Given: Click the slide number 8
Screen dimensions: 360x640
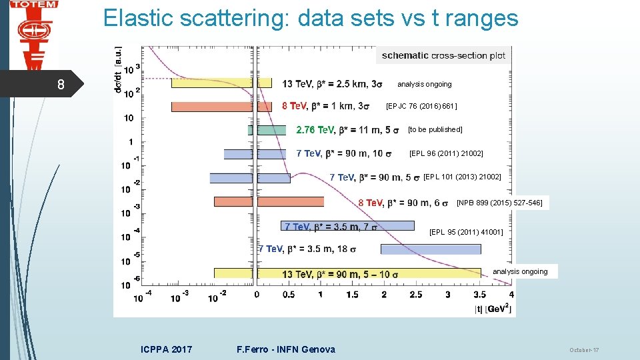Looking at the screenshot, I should tap(61, 85).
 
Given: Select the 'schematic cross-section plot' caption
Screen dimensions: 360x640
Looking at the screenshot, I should tap(443, 55).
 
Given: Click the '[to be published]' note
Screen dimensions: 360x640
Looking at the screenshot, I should tap(435, 129).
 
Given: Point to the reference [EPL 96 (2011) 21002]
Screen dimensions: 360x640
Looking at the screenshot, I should tap(445, 153).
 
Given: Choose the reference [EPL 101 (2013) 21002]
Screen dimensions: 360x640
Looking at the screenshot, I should tap(461, 177).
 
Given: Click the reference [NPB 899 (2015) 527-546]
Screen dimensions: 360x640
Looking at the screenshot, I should tap(499, 202).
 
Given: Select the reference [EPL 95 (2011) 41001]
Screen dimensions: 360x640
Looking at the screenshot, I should tap(466, 232).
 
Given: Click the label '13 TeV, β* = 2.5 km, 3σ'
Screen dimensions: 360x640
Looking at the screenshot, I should tap(332, 83).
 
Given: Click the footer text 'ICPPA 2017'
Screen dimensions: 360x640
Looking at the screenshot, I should tap(167, 349).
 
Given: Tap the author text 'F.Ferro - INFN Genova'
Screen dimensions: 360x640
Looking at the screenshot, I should tap(286, 349).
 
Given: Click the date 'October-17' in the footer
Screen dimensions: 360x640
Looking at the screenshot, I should tap(584, 350).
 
